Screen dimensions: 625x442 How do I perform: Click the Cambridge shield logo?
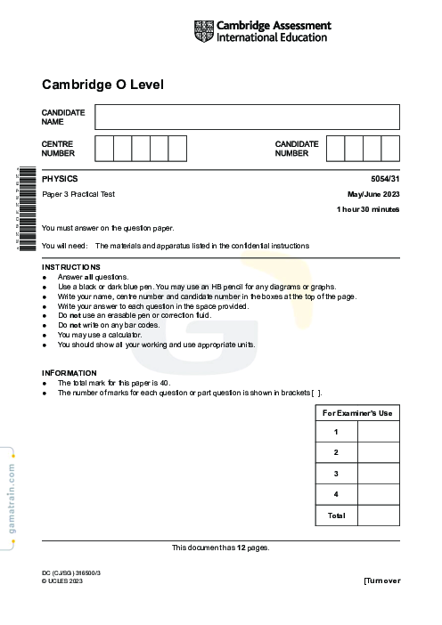point(203,31)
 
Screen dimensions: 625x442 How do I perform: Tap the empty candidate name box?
point(247,117)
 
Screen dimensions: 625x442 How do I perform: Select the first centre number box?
point(103,148)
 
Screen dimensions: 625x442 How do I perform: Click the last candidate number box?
point(390,148)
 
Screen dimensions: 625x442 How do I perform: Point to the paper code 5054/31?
point(385,179)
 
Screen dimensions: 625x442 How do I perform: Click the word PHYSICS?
point(60,179)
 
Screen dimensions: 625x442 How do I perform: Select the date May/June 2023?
point(372,194)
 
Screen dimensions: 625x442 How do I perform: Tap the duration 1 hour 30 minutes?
point(367,209)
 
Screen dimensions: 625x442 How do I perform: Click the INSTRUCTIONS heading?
point(71,267)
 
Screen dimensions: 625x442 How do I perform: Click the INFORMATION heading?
point(70,373)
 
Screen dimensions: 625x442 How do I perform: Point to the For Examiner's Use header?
point(356,413)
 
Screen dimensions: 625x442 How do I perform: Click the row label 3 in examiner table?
point(336,474)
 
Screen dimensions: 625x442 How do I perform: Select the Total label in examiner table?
point(336,515)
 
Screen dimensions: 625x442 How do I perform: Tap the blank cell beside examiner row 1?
point(378,432)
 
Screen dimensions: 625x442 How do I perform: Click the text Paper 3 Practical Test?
point(78,194)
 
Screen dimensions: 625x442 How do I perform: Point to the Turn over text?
point(381,580)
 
